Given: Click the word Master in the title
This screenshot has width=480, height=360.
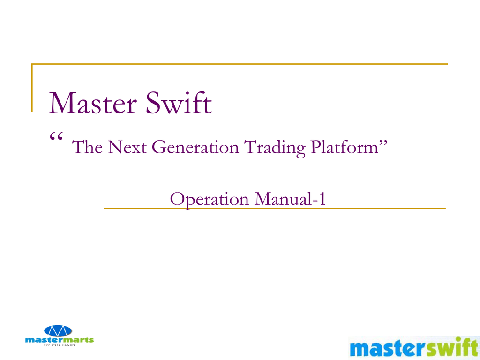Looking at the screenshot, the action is point(93,103).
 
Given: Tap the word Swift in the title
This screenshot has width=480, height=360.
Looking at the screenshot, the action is point(179,102).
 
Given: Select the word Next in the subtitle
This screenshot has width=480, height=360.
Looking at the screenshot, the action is point(127,147).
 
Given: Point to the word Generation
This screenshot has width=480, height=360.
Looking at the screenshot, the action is point(195,147).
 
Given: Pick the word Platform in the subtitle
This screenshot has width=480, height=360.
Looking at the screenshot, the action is point(345,147).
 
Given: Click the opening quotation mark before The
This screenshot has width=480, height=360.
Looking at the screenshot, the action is point(56,136).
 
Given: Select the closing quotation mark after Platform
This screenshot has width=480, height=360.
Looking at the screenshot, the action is point(383,142).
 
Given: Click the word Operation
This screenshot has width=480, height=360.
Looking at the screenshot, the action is point(210,200).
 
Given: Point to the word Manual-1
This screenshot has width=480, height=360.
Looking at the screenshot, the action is point(290,199).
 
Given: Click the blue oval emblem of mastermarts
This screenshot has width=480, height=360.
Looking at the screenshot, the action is point(58,330).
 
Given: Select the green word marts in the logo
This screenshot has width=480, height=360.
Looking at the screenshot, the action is point(78,340).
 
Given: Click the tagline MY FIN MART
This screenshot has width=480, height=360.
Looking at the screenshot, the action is point(60,345).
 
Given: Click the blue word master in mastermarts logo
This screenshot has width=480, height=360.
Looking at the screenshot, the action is point(44,340).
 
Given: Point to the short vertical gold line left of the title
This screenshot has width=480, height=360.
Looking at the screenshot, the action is point(32,88).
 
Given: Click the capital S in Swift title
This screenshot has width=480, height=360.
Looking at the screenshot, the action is point(153,103).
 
